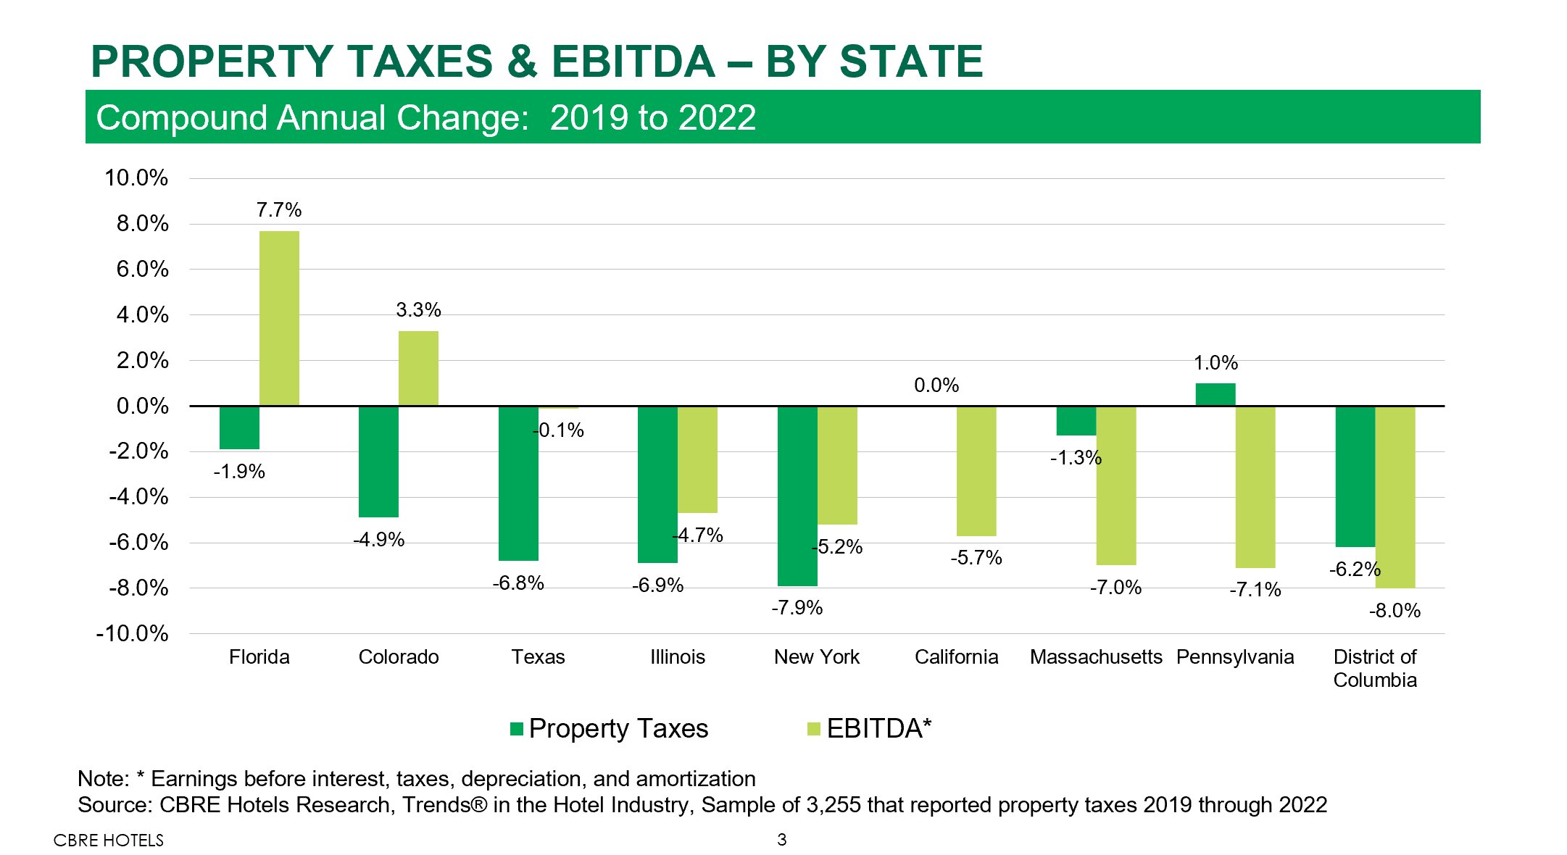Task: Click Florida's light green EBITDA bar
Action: coord(279,318)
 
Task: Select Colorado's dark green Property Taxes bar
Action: coord(378,461)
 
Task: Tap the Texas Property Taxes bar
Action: coord(518,483)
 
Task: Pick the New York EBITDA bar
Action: coord(837,464)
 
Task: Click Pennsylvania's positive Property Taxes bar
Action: coord(1215,394)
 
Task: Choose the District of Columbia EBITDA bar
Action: coord(1395,496)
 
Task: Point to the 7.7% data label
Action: coord(279,210)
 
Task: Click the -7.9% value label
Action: coord(797,608)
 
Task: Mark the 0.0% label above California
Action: coord(936,385)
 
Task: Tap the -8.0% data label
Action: coord(1394,611)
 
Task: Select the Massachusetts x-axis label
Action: coord(1096,657)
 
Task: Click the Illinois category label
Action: coord(678,657)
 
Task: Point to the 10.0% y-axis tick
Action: coord(136,178)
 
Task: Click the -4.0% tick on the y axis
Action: coord(138,497)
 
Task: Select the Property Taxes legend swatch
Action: coord(517,729)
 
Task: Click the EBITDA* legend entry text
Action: coord(878,729)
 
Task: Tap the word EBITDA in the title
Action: coord(633,61)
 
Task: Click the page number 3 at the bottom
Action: coord(782,840)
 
